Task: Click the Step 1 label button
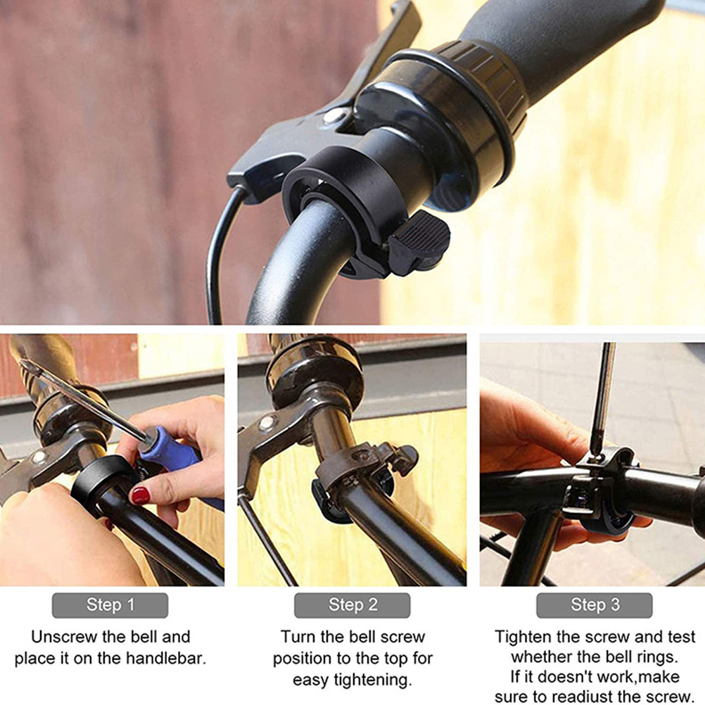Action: pos(110,605)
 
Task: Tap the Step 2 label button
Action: pos(352,605)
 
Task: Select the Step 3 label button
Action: pos(595,605)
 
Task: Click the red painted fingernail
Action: pos(140,495)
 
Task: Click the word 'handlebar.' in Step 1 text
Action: pos(166,659)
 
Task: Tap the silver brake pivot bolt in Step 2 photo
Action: pos(266,423)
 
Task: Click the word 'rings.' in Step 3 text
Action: pos(657,657)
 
